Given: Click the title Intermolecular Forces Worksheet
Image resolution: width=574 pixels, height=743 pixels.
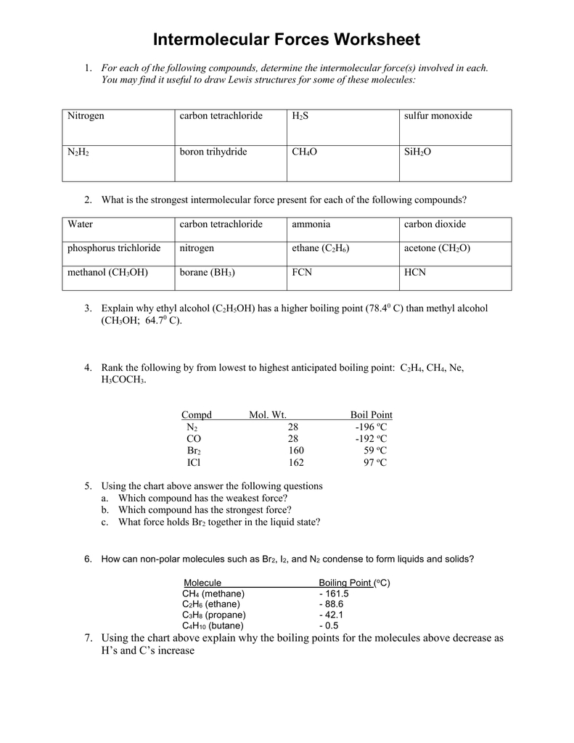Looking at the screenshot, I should coord(287,39).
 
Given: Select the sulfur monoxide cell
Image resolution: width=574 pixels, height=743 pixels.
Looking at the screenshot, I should coord(437,116).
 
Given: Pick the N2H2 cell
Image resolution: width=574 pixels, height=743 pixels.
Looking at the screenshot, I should coord(78,152).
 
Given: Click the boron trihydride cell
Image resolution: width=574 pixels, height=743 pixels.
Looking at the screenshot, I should coord(213,152).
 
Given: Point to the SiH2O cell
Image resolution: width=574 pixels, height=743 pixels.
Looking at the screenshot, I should coord(417,152).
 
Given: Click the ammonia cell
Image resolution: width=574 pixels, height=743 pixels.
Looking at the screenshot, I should coord(311,224).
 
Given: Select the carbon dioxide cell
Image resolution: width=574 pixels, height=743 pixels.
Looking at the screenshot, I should coord(435,224).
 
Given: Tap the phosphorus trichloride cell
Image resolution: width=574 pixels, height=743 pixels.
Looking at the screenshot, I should coord(114,248).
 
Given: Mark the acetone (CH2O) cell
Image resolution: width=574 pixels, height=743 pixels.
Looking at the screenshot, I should coord(437,248).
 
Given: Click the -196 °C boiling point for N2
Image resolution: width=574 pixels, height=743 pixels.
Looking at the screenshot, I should coord(371,427).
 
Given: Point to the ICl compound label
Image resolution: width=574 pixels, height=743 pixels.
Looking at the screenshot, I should coord(193,462).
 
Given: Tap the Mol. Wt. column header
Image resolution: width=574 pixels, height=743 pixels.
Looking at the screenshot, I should coord(267,415).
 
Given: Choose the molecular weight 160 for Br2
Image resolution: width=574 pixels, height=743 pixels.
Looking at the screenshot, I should coord(295,451).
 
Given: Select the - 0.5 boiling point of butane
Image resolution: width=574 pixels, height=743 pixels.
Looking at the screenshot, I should coord(329,625).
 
